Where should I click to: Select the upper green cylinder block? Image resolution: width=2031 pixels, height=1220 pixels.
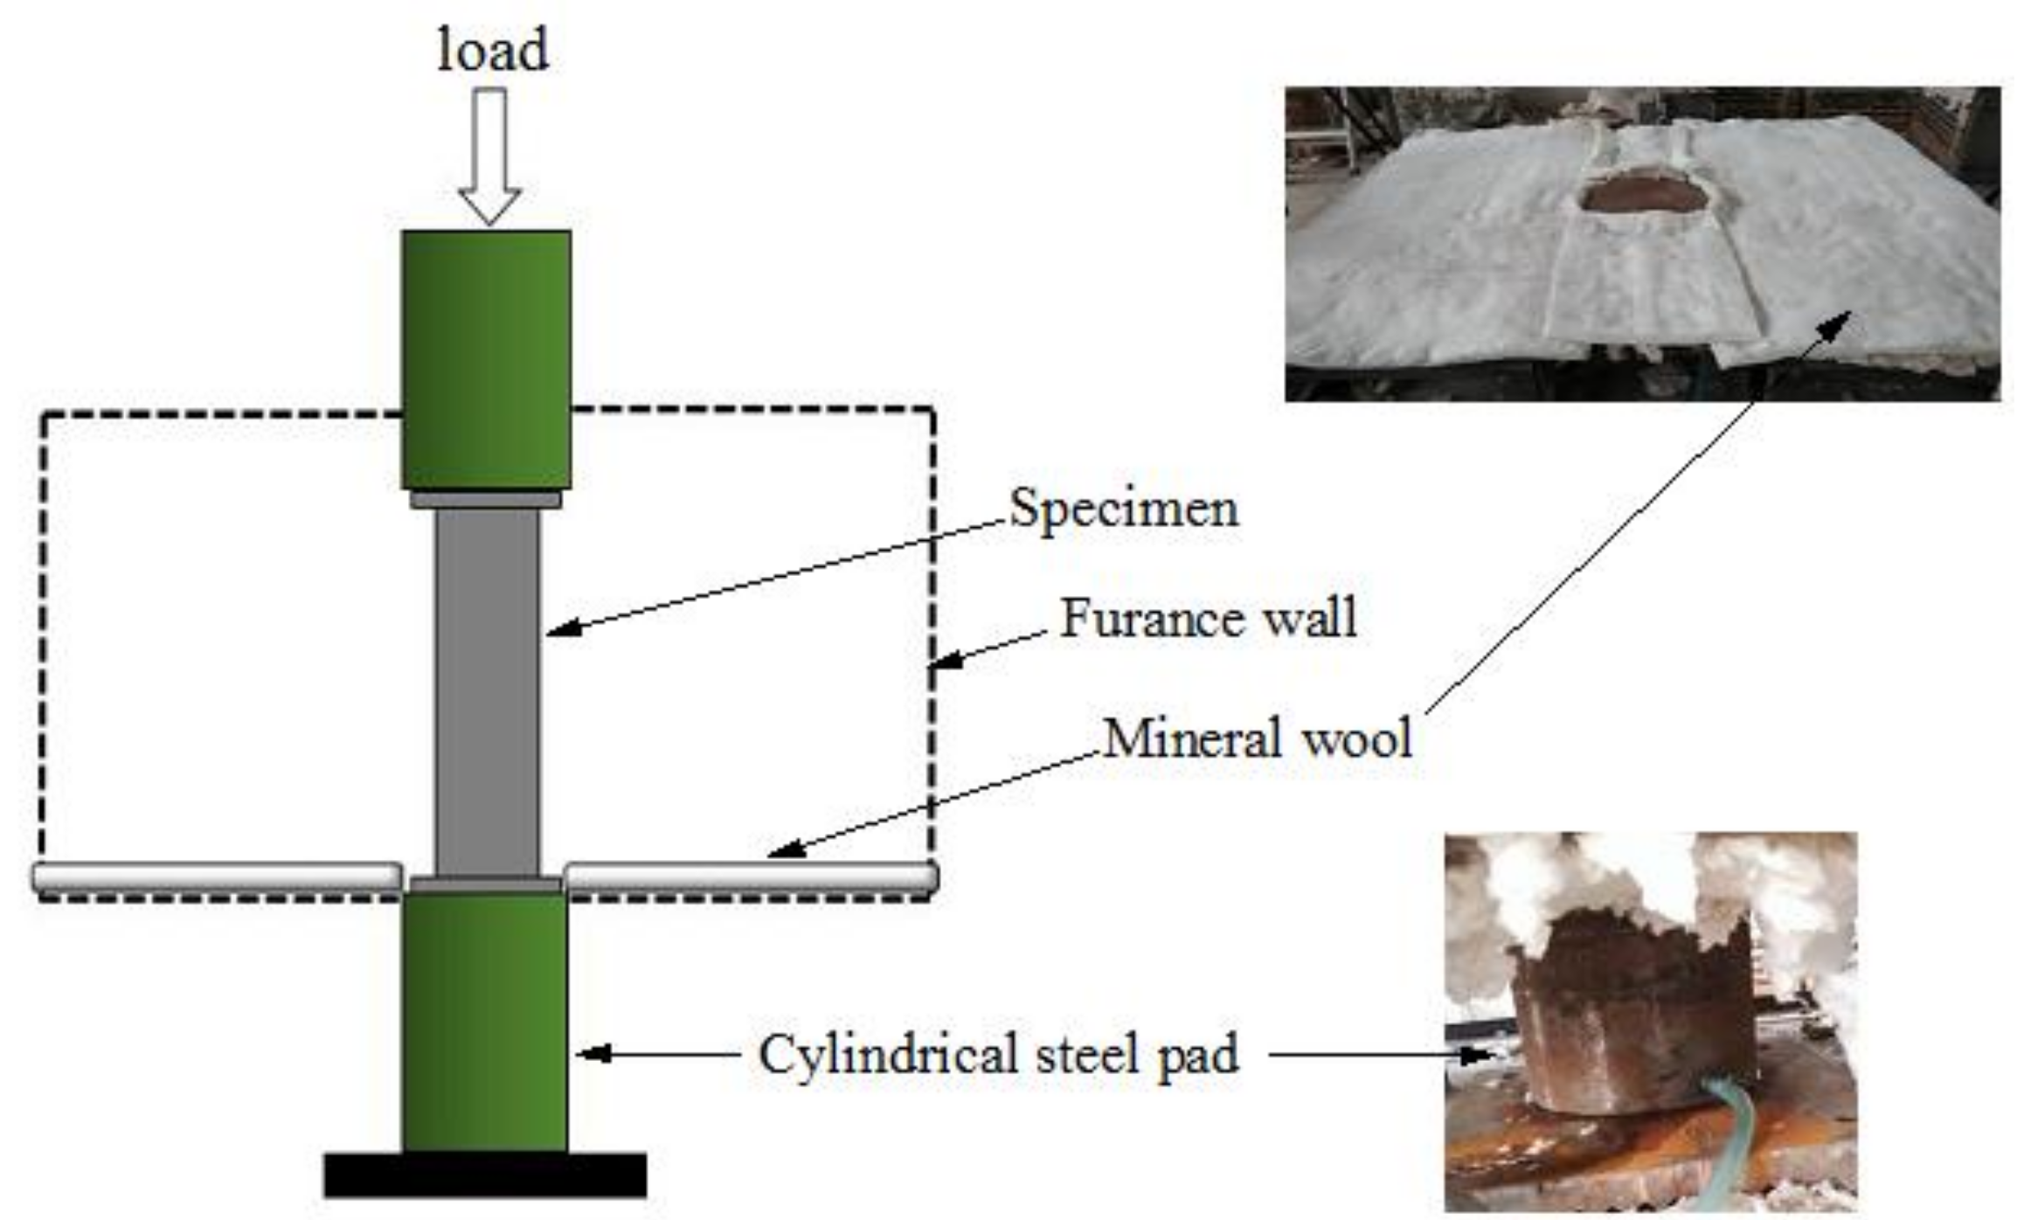[487, 358]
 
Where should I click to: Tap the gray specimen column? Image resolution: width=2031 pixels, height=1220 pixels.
[487, 690]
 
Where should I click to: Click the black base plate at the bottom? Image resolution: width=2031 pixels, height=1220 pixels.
[485, 1175]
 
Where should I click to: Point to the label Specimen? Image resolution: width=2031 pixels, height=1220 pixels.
[1124, 509]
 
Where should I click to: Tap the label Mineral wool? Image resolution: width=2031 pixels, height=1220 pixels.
[1257, 738]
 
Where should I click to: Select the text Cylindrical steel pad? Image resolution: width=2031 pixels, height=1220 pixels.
[998, 1054]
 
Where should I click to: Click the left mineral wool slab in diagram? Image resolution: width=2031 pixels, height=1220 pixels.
[217, 877]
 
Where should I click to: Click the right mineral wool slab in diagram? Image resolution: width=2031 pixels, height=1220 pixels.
[752, 877]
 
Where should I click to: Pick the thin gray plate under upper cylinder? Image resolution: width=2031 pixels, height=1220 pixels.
[486, 499]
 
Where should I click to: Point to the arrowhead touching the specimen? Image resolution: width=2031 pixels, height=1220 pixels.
[563, 627]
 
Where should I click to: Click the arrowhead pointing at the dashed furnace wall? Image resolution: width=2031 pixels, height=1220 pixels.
[947, 661]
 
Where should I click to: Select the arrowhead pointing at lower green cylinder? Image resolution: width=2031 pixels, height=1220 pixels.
[593, 1054]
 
